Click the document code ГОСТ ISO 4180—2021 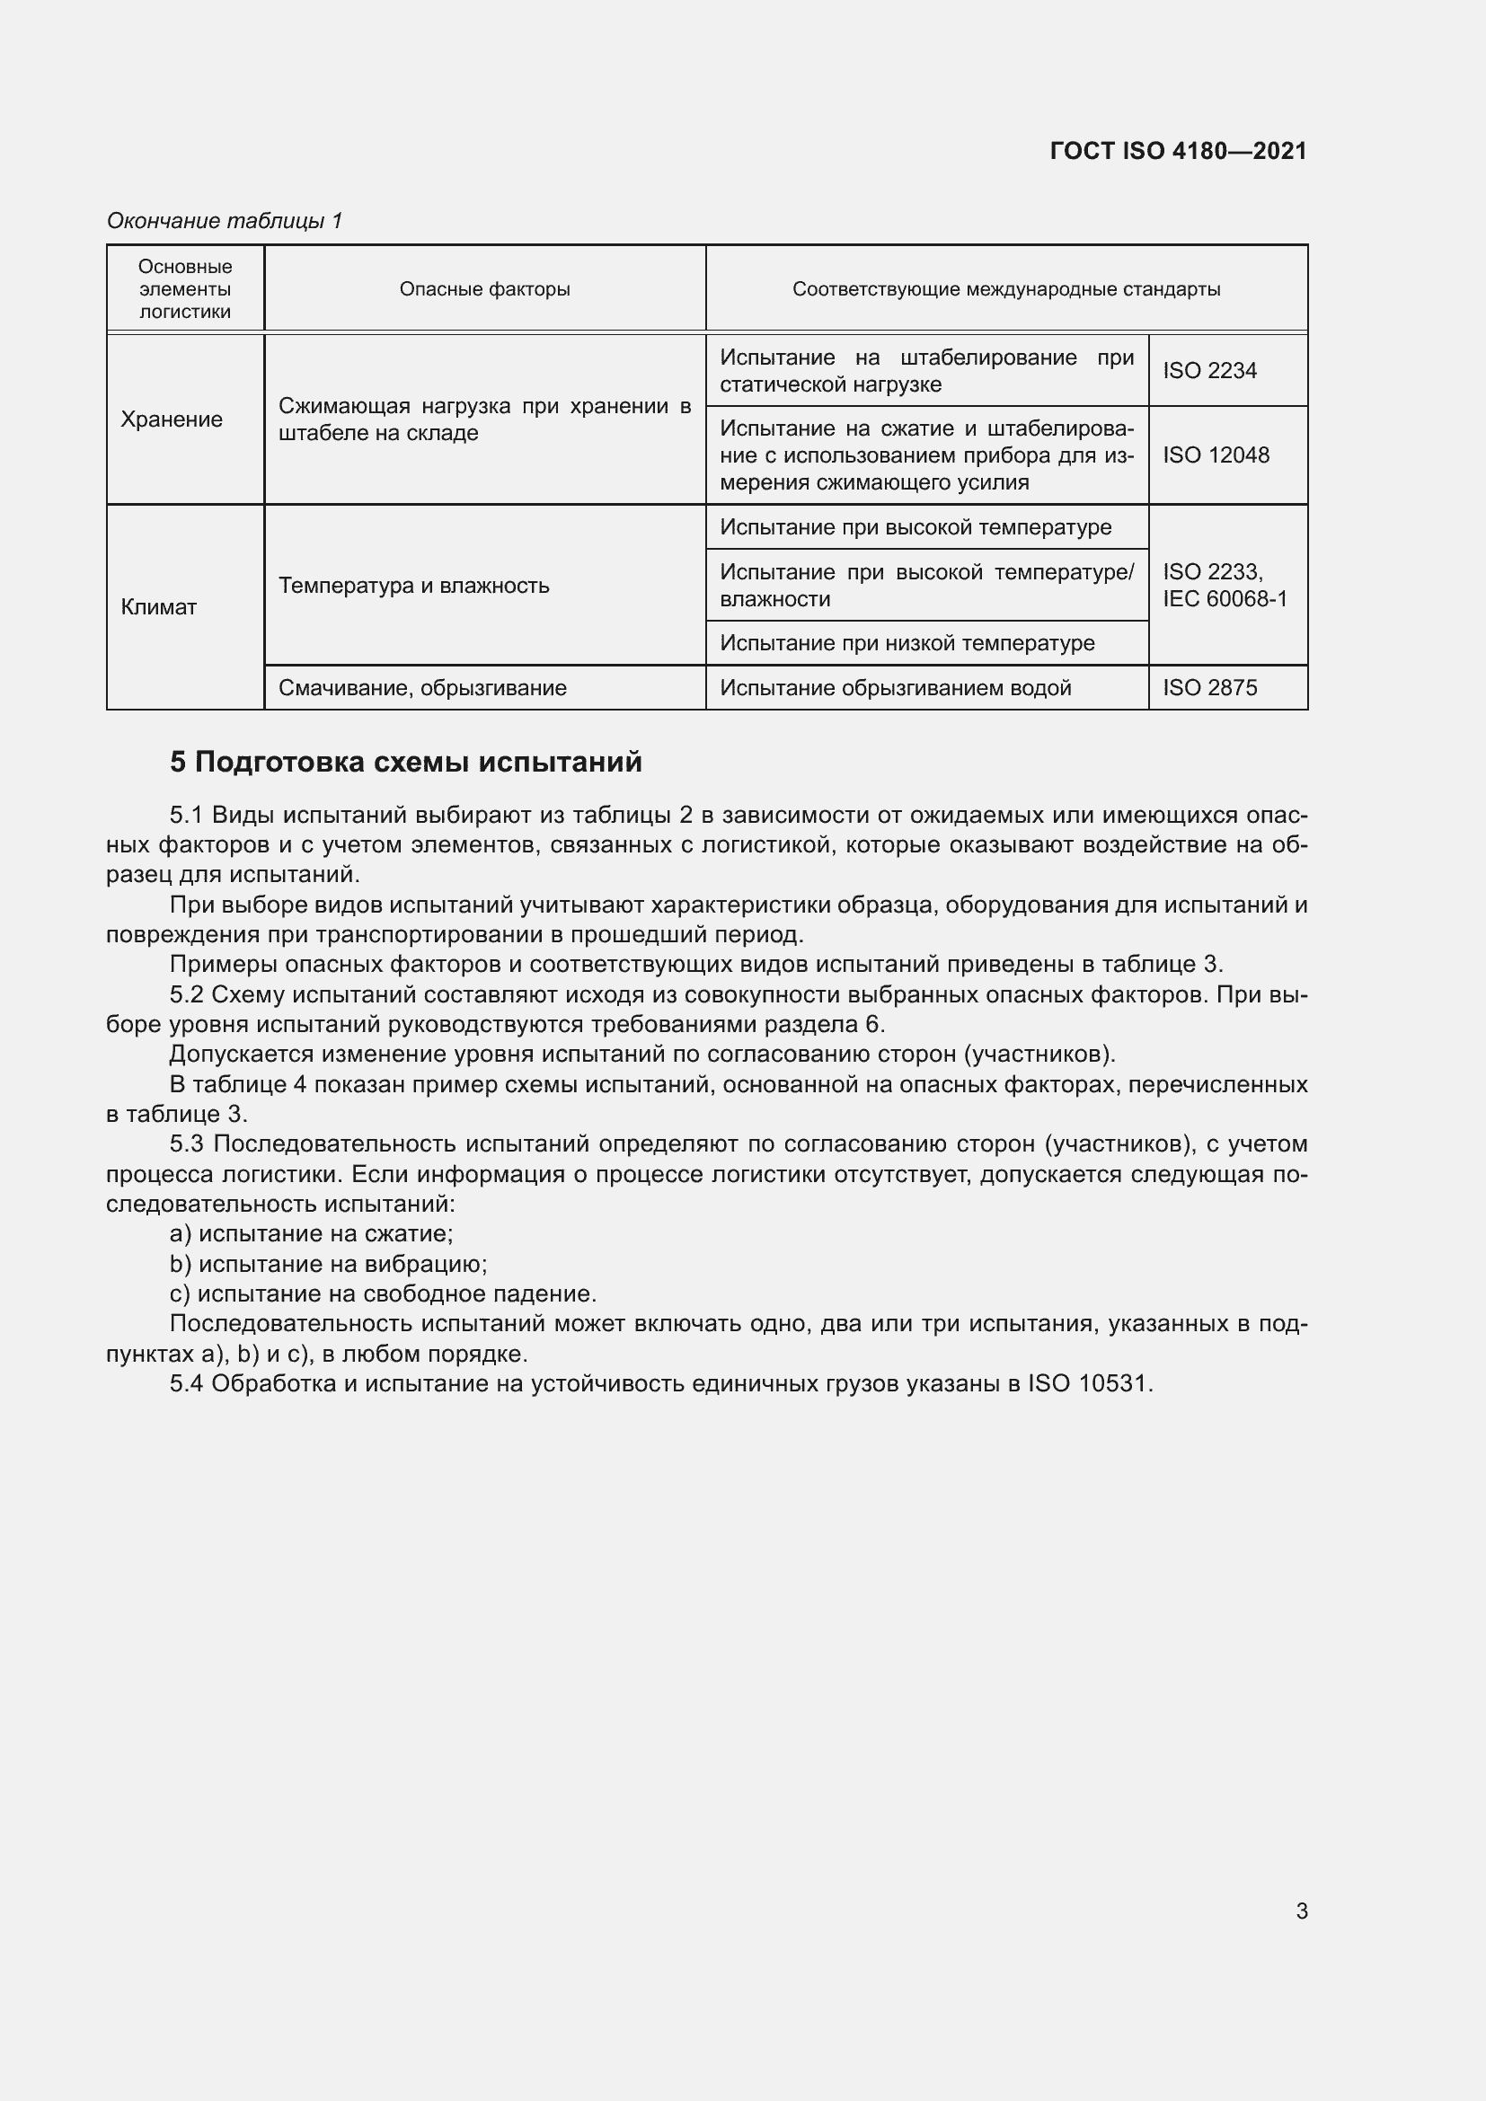(1178, 151)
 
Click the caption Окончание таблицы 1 (225, 221)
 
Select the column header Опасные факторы (484, 289)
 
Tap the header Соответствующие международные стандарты (1005, 289)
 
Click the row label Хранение (172, 419)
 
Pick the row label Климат (159, 606)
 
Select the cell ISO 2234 (1208, 371)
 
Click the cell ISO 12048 (1216, 455)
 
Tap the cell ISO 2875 (1209, 687)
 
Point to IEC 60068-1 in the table (1225, 598)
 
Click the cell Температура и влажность (413, 585)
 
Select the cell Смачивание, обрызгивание (422, 687)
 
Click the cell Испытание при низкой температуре (907, 642)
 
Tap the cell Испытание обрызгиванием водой (895, 687)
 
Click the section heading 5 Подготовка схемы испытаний (405, 762)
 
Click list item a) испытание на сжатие (311, 1233)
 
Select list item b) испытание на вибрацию (329, 1264)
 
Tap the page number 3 (1301, 1911)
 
